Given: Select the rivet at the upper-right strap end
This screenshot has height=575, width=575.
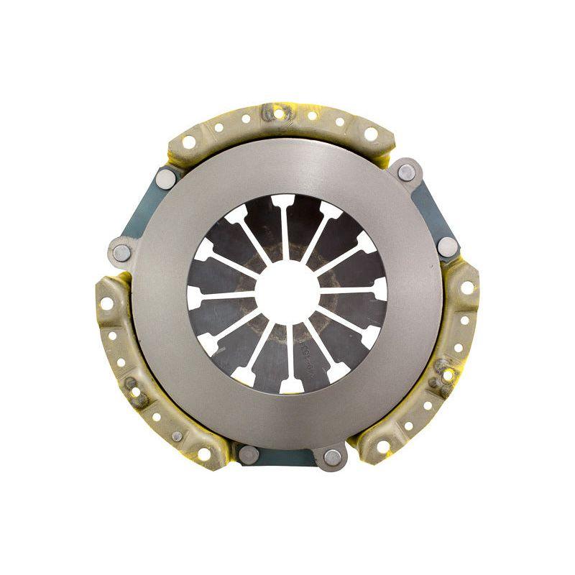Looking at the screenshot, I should [x=406, y=172].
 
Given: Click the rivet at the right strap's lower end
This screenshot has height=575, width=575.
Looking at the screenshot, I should [x=447, y=247].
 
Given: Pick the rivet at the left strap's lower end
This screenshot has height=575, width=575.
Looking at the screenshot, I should [x=122, y=252].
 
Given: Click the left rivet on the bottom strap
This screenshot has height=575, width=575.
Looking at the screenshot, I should [x=249, y=454].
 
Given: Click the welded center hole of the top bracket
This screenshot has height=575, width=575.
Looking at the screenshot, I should [x=279, y=114].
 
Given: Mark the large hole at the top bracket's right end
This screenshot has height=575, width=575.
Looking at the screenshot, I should [x=371, y=134].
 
